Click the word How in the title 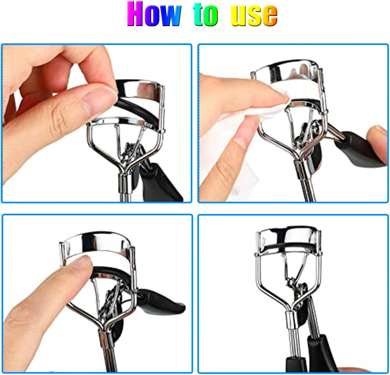click(154, 14)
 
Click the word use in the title click(254, 15)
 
